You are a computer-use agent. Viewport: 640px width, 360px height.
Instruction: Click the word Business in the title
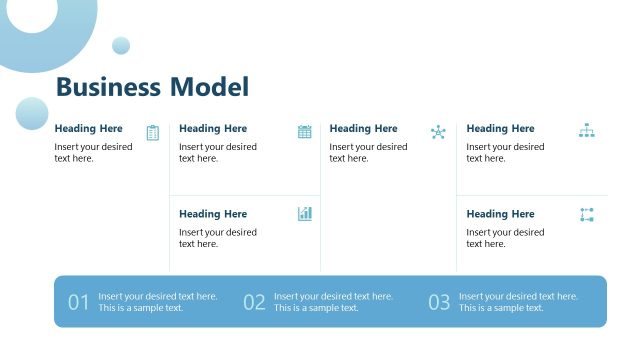pos(108,87)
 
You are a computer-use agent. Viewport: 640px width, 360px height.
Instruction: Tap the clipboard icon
pos(152,132)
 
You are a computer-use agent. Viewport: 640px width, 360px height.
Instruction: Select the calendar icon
pos(305,131)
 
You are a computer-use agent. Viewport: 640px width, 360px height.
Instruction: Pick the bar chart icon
pos(305,214)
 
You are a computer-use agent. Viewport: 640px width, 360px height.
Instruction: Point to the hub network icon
pos(438,132)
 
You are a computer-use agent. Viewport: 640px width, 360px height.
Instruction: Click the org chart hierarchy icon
pos(586,131)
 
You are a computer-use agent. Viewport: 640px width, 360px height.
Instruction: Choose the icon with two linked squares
pos(586,215)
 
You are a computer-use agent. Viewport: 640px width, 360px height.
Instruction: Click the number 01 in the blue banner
pos(79,302)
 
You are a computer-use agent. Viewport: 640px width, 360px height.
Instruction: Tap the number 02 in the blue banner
pos(254,302)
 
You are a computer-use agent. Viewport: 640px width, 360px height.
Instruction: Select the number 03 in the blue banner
pos(439,302)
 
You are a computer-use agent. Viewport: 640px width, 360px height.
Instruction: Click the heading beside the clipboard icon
pos(89,128)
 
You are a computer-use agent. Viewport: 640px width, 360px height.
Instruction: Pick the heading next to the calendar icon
pos(213,128)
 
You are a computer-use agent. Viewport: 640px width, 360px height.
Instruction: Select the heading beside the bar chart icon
pos(213,214)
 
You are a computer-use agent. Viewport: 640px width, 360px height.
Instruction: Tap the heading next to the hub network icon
pos(363,128)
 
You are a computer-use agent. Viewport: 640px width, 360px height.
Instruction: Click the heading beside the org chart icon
pos(500,128)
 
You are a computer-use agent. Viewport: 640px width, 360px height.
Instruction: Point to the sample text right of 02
pos(333,302)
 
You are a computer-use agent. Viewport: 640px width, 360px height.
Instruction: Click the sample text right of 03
pos(518,302)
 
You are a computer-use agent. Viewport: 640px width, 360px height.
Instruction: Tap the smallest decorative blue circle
pos(121,45)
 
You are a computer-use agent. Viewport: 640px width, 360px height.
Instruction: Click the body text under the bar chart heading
pos(218,238)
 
